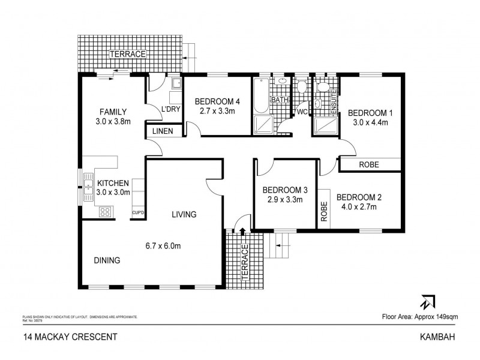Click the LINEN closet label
point(163,130)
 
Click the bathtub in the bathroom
point(262,95)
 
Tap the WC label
point(301,112)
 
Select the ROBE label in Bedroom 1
point(370,164)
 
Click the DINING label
point(107,260)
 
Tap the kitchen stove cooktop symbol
point(104,211)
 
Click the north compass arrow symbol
point(428,302)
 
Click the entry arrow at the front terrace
point(242,230)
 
